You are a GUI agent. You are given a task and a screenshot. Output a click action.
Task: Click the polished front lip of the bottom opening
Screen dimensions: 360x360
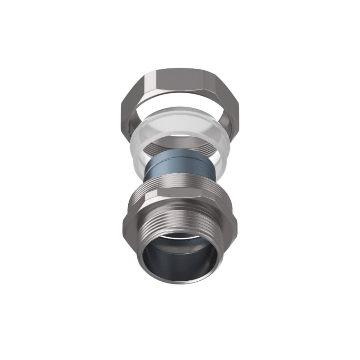180,281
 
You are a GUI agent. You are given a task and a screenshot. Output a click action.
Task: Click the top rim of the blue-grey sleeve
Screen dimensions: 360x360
180,157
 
